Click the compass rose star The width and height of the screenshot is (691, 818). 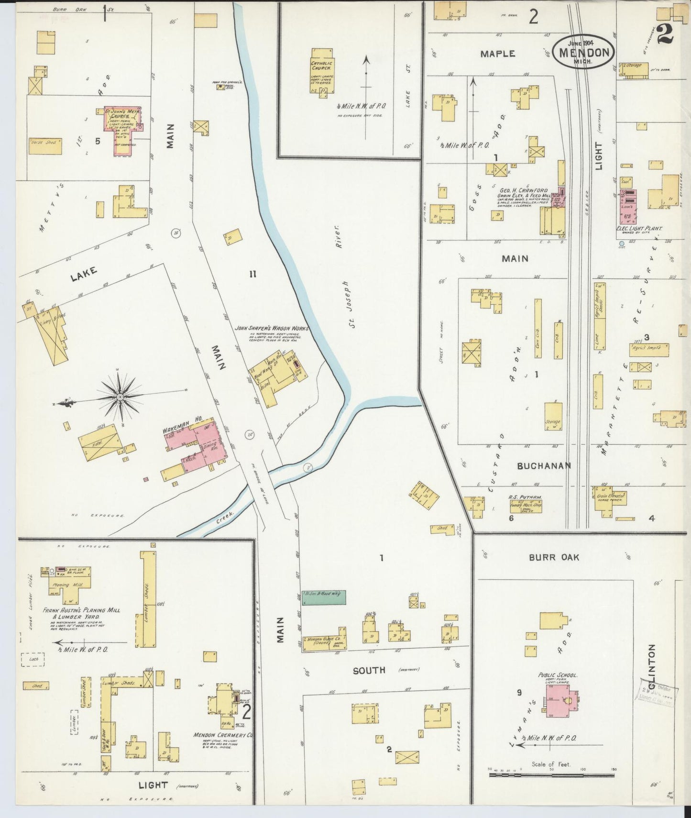[120, 397]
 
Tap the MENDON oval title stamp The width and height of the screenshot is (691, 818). [583, 52]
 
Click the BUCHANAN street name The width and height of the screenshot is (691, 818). [544, 465]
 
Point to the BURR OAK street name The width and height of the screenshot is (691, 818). [554, 557]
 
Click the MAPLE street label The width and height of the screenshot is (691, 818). [497, 54]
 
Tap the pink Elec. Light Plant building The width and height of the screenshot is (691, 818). [628, 206]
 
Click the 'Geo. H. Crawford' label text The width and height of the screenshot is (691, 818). [523, 190]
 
